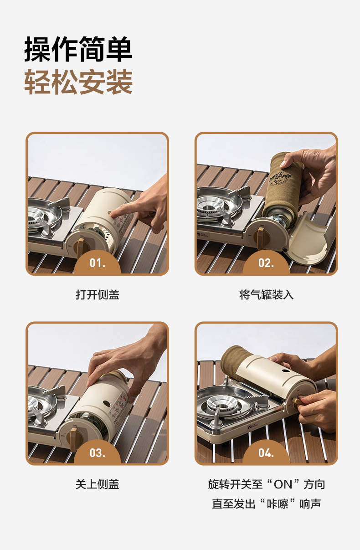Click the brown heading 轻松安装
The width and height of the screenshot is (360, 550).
pyautogui.click(x=78, y=82)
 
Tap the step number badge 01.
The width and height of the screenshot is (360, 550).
pyautogui.click(x=97, y=263)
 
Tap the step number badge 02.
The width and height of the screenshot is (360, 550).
pyautogui.click(x=266, y=263)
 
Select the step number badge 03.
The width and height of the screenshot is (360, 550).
pyautogui.click(x=97, y=452)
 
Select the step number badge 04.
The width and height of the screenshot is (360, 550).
pyautogui.click(x=266, y=452)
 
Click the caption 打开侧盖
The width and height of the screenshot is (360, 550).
pyautogui.click(x=97, y=295)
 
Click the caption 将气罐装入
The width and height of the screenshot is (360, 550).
pyautogui.click(x=266, y=295)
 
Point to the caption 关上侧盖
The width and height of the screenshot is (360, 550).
pyautogui.click(x=97, y=484)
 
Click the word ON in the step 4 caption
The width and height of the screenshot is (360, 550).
pyautogui.click(x=283, y=484)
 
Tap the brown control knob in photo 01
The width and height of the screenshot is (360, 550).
pyautogui.click(x=80, y=247)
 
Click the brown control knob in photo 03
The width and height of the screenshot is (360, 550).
pyautogui.click(x=73, y=438)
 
